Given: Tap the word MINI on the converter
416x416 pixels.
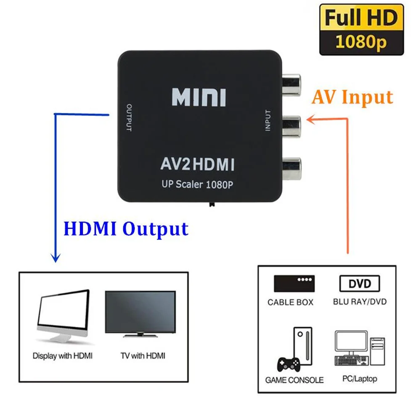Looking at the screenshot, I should [x=198, y=98].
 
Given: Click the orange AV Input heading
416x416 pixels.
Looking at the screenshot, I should [x=352, y=97].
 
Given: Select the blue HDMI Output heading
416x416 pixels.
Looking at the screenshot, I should [x=125, y=229].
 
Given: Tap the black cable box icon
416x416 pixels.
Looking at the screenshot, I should [x=293, y=284].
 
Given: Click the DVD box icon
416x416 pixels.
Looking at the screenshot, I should [x=359, y=284].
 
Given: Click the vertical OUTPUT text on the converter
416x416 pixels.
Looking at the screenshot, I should [x=129, y=117].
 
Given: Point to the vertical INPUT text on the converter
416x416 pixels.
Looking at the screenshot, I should [x=268, y=121].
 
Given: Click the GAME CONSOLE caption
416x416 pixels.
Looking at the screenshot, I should [x=294, y=380].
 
